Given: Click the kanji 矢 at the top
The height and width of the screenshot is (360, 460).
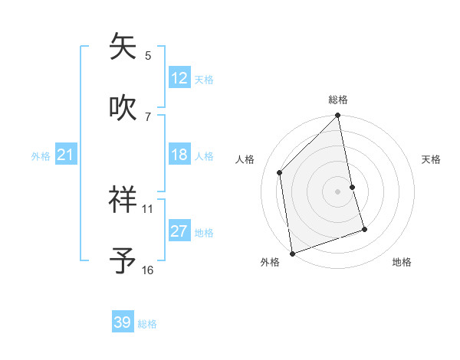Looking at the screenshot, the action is coord(123,47).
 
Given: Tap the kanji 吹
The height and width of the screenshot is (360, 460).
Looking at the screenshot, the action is coord(123,108).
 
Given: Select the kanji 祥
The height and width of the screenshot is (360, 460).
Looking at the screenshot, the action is coord(123,200).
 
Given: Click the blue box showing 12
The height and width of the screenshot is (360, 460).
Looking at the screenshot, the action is coord(179,78).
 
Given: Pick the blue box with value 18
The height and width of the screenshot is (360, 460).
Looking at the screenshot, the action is coord(179,155).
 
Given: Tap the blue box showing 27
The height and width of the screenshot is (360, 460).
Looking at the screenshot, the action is coord(179,231).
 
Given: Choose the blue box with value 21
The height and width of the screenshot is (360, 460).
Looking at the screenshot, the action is coord(66,155).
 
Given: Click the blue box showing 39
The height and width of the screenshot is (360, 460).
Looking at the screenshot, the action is coord(123,322).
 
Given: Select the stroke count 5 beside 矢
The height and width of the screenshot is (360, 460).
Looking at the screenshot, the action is coord(148,55).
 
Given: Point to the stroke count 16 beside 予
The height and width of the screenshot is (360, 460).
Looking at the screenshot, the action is coord(148,270).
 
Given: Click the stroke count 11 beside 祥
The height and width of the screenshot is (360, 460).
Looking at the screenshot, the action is coord(148,208).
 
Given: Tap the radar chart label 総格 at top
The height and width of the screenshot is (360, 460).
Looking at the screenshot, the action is coord(338,100).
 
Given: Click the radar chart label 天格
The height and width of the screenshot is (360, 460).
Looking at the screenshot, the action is coord(431,159).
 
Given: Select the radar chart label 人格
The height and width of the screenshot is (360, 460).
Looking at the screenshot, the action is coord(245,159).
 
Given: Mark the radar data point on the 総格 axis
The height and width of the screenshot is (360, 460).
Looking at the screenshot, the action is coord(338,116).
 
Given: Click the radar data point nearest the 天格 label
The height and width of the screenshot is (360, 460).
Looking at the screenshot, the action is coord(353,187).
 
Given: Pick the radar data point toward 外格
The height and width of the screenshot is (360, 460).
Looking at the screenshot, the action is coord(292,253).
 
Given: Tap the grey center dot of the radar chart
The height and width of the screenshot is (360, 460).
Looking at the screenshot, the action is coord(338,191).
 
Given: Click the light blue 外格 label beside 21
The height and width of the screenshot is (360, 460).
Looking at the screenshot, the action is coord(41,156).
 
